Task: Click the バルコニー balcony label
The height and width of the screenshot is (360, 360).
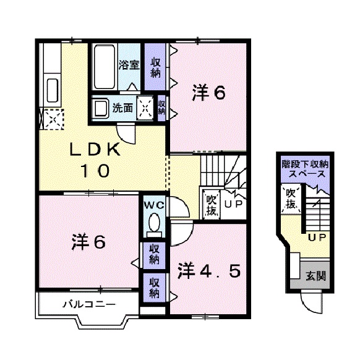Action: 89,304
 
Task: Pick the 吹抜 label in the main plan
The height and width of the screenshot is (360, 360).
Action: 211,204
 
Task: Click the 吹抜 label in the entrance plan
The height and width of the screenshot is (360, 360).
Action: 289,198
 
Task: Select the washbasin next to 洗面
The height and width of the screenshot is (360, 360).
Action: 100,109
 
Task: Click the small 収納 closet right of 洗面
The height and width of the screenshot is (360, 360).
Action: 161,108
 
